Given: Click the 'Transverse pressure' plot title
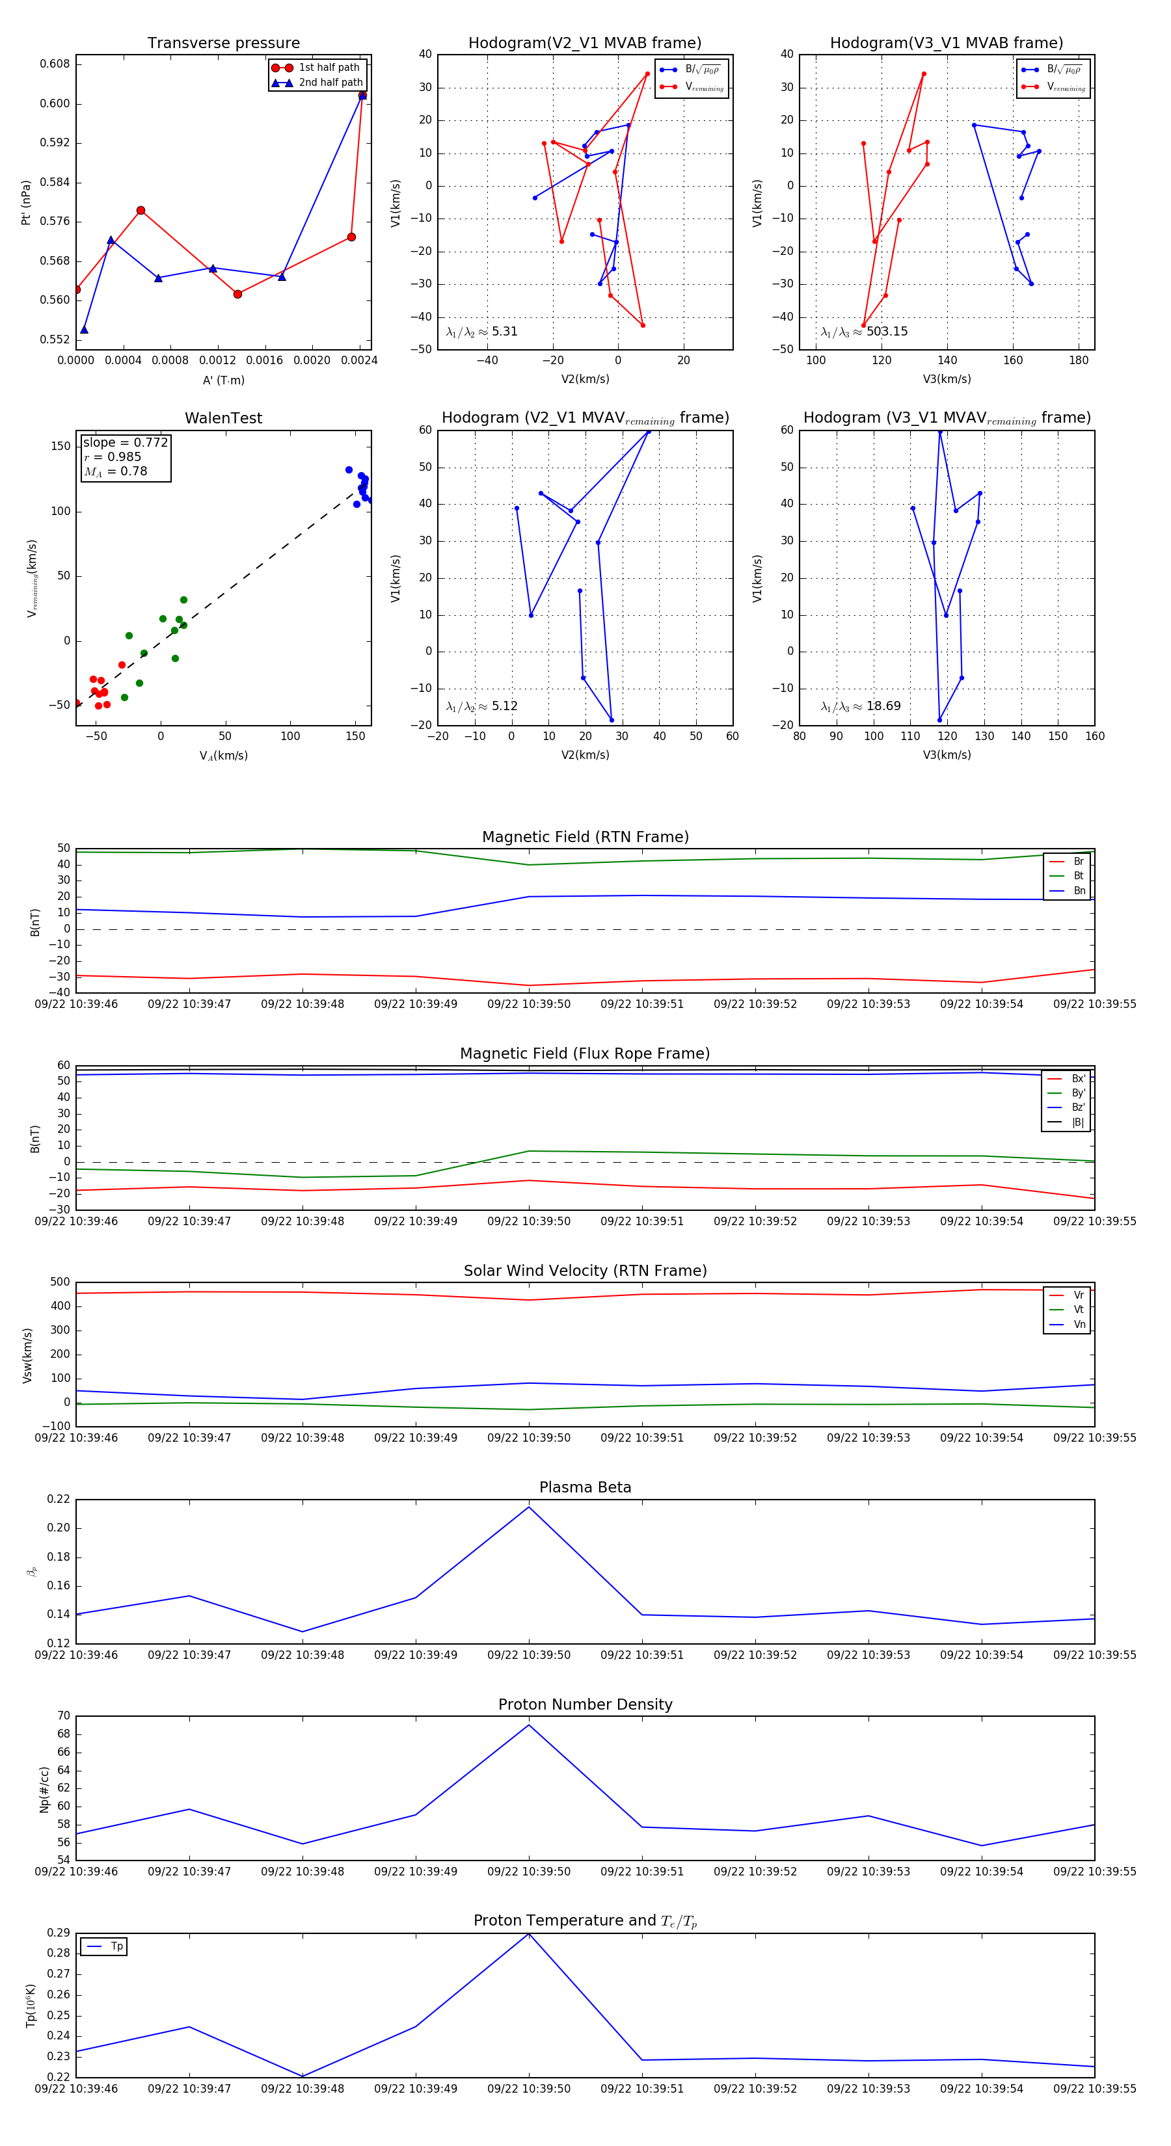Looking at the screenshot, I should point(223,44).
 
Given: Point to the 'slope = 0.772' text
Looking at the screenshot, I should point(125,442).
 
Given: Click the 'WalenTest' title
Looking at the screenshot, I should point(223,418).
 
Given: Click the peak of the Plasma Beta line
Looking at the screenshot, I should point(528,1507).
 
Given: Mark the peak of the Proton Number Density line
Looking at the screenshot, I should point(528,1725).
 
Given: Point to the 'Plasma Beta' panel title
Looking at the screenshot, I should point(585,1487).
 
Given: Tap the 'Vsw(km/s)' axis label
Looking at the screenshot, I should point(27,1355).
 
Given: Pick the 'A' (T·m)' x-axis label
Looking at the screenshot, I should point(223,380).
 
